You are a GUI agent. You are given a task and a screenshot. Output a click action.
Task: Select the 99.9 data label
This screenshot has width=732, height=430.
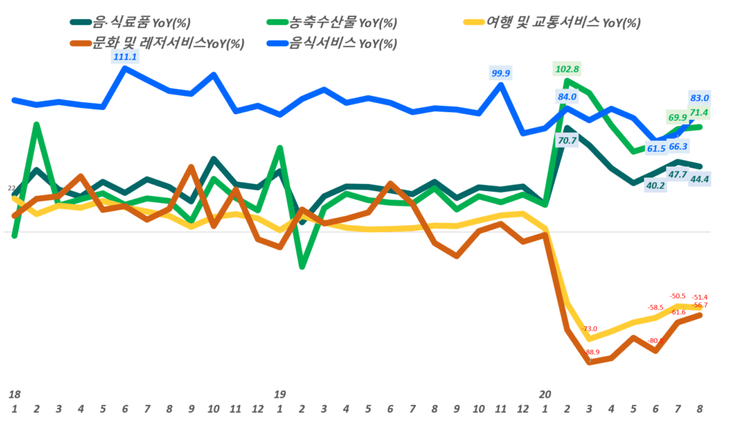501,73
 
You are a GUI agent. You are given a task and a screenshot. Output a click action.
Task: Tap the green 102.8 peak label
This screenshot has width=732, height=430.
567,69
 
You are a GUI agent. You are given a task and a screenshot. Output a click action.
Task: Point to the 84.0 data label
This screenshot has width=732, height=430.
567,97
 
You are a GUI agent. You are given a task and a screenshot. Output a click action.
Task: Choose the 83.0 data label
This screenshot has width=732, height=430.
699,98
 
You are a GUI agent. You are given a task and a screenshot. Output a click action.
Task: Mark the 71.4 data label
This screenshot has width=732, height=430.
699,112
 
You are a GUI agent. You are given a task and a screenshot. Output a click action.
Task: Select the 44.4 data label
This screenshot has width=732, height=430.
699,179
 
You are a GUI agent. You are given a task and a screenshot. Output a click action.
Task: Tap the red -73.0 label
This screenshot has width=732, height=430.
590,328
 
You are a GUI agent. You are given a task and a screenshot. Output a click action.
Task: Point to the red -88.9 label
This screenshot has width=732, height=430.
590,352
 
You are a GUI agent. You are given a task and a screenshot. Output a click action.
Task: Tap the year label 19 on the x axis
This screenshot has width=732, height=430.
280,394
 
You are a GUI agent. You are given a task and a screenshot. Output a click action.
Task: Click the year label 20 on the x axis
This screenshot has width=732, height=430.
545,394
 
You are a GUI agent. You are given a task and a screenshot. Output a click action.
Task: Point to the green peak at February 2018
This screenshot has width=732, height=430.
36,124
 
